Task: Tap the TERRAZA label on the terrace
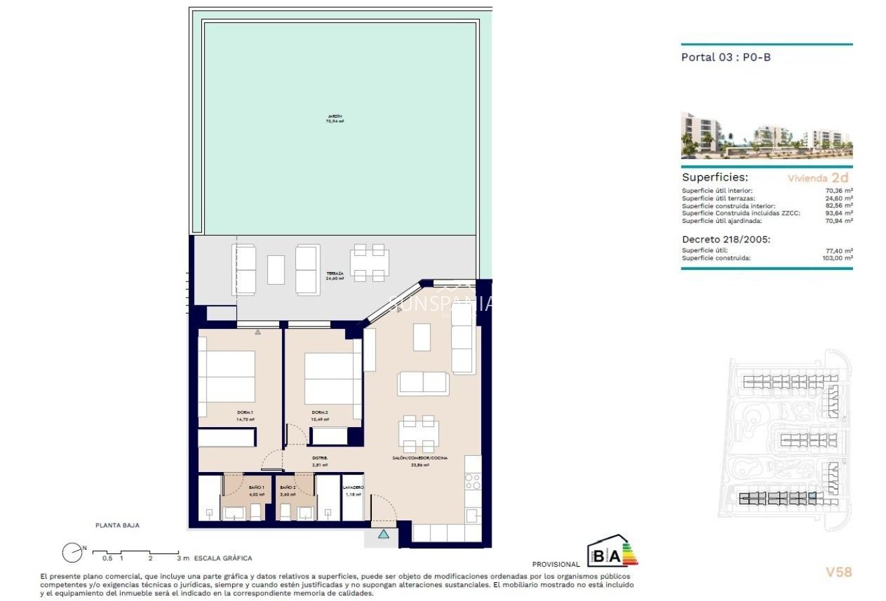(x=334, y=274)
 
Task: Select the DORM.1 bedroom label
(x=245, y=412)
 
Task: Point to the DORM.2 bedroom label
(x=319, y=412)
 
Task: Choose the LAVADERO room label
(x=353, y=487)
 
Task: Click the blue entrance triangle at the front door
(x=383, y=535)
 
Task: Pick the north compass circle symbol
(x=71, y=553)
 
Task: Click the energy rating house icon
(x=611, y=553)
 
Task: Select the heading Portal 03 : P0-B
(x=726, y=57)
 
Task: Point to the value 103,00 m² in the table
(x=838, y=258)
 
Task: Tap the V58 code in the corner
(x=838, y=572)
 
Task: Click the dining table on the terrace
(x=369, y=263)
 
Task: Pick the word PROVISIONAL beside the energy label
(x=556, y=565)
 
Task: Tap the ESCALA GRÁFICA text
(x=223, y=558)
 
